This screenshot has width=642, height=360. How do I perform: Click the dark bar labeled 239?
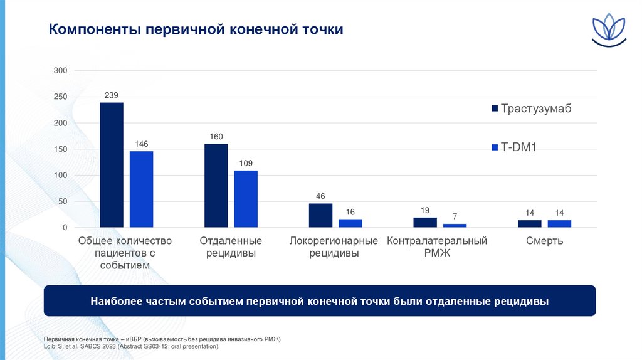(112, 165)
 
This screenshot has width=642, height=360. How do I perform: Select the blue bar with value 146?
(142, 189)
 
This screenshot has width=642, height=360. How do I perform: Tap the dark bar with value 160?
(216, 186)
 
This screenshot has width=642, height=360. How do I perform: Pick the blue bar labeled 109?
(246, 199)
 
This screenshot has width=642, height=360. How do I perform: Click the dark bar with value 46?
(320, 215)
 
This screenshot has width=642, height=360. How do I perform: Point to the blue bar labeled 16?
(350, 223)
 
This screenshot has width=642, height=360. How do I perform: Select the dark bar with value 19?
(425, 222)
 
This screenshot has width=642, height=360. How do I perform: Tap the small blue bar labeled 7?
(455, 225)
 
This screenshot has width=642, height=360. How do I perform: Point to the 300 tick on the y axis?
(60, 71)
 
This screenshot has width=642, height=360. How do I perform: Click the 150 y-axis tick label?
(60, 149)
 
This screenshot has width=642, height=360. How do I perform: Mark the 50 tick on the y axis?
(62, 201)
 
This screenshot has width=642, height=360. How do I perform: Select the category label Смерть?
(544, 241)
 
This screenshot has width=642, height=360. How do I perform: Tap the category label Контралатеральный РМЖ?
(437, 247)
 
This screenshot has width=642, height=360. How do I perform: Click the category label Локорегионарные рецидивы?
(334, 247)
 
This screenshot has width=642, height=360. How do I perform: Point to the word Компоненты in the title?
(95, 29)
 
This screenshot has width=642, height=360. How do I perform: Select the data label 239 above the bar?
(112, 95)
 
